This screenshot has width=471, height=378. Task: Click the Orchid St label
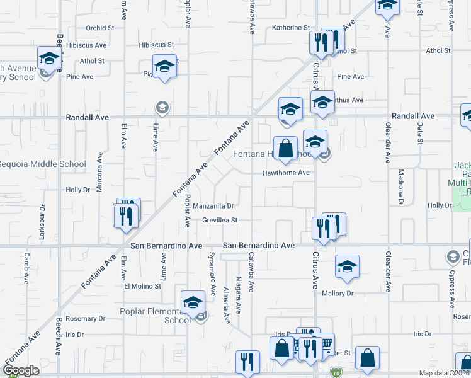point(100,28)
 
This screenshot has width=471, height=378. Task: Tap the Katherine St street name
point(291,28)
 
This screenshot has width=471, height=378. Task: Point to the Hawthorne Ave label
point(287,173)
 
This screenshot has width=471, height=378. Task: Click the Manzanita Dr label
point(213,205)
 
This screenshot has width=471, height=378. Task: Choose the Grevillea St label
point(219,220)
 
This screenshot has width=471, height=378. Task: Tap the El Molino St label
point(142,285)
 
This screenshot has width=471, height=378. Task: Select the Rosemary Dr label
point(80,319)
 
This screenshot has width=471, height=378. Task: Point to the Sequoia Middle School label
point(43,164)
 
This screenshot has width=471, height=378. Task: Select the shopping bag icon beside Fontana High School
point(286,149)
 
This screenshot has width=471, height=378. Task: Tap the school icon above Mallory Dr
point(346,267)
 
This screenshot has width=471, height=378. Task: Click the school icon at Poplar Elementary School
point(193,302)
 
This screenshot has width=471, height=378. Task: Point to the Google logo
point(21,370)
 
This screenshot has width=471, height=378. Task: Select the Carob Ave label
point(26,269)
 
